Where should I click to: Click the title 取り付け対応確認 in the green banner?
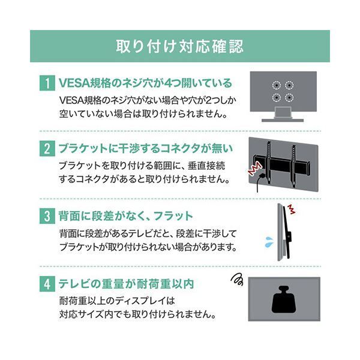point(180,46)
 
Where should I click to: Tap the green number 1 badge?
point(46,82)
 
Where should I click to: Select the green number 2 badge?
point(46,148)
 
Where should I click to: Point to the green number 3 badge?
point(46,215)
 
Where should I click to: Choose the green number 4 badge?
point(46,282)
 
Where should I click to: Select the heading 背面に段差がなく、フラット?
point(126,215)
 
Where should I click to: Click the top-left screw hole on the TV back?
point(276,85)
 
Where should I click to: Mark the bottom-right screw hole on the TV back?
point(289,97)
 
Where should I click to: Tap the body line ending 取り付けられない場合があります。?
point(156,247)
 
